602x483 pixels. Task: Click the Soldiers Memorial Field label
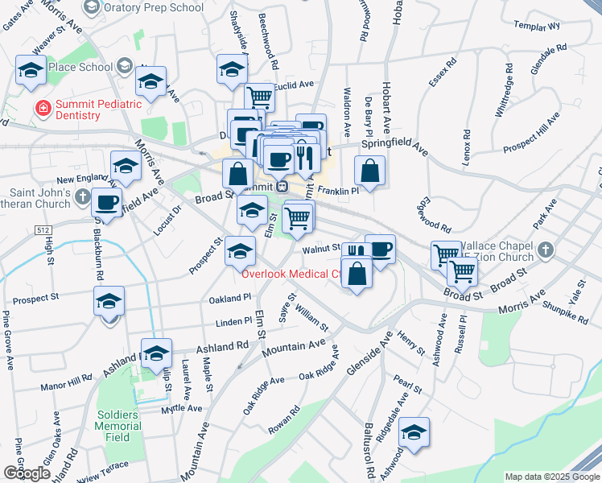click(118, 426)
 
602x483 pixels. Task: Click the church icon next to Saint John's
click(82, 196)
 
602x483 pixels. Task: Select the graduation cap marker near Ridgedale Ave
click(414, 433)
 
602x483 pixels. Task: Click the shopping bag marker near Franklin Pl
click(369, 171)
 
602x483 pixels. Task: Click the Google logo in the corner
click(27, 473)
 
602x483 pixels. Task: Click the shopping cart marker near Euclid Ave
click(259, 97)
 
